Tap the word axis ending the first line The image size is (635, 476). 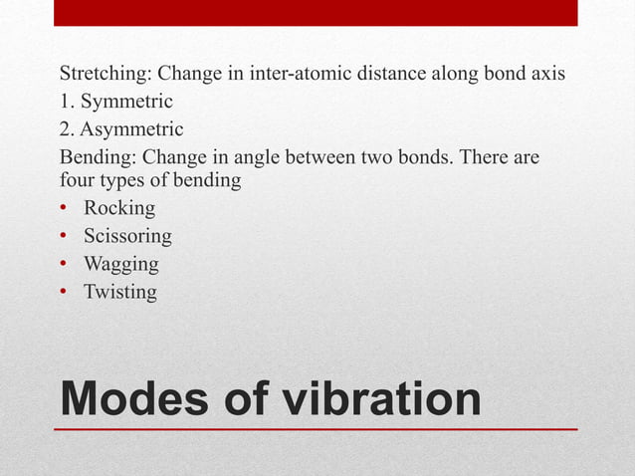(x=546, y=75)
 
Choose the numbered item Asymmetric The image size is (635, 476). (x=133, y=129)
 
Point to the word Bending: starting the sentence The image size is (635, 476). (x=98, y=157)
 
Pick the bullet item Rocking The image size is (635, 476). (x=119, y=209)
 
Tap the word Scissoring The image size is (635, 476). (x=127, y=237)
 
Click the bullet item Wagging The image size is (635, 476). (x=120, y=265)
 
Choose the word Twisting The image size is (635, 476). (x=120, y=292)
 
